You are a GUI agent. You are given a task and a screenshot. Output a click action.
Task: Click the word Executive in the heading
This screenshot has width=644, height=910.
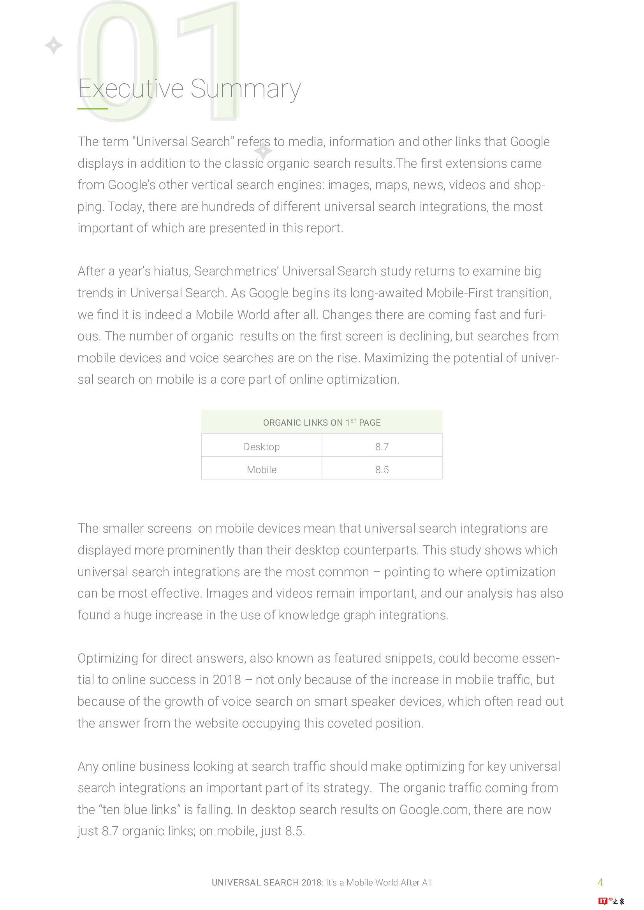tap(130, 88)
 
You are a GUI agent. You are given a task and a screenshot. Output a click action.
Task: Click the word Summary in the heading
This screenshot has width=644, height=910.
tap(245, 89)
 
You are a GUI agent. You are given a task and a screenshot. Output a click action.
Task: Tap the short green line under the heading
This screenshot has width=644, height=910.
tap(92, 109)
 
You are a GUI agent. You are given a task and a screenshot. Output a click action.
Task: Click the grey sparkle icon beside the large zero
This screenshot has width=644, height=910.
tap(53, 45)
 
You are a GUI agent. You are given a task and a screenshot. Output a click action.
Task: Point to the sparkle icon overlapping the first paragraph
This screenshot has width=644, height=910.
tap(263, 151)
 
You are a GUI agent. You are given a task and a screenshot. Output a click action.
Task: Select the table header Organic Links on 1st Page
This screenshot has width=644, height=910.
tap(322, 423)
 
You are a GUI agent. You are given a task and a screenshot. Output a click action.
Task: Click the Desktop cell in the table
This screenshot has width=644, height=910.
tap(261, 447)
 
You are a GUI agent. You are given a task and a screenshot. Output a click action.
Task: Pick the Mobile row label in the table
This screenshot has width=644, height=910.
tap(261, 470)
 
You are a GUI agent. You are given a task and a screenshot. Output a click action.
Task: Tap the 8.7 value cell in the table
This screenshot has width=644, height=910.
tap(382, 447)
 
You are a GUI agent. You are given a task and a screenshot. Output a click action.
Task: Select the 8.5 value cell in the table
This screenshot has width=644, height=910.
tap(382, 470)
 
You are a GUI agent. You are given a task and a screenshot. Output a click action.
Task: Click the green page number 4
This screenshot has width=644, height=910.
tap(600, 882)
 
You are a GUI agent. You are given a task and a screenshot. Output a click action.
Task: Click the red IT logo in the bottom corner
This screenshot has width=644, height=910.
tap(603, 901)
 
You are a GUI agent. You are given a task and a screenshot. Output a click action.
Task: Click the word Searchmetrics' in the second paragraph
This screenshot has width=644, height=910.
tap(236, 272)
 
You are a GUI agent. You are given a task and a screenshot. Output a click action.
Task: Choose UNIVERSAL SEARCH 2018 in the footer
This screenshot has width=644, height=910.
tap(266, 883)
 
